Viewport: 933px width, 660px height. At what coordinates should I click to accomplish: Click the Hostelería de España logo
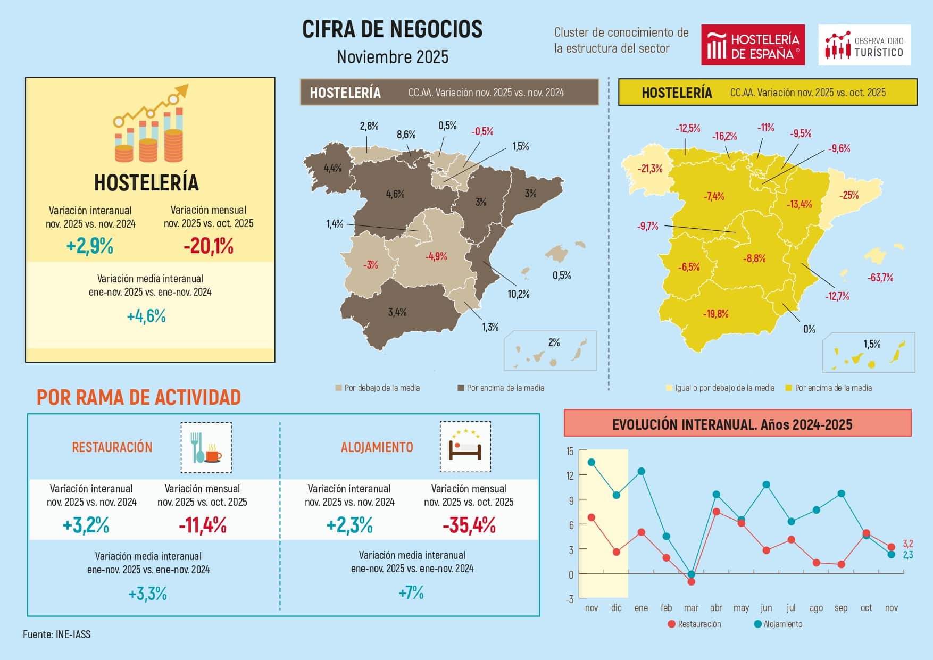(752, 45)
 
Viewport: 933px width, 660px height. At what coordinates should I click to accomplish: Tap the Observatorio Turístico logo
(864, 45)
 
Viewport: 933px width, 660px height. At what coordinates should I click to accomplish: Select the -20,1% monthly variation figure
(209, 246)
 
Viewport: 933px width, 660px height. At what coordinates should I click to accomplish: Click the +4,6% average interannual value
(146, 316)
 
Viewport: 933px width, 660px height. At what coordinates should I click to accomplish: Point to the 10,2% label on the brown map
(518, 294)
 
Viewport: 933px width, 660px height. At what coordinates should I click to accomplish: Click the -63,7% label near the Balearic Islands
(880, 278)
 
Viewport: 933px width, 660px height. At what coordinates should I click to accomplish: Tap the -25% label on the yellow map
(849, 195)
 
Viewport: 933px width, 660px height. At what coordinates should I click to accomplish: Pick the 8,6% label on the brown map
(406, 135)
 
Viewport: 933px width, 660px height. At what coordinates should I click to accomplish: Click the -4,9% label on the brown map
(436, 256)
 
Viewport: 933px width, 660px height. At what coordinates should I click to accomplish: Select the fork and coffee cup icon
(206, 448)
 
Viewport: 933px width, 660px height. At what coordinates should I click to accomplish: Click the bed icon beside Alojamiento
(465, 447)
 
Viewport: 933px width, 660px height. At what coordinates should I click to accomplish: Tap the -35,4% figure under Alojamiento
(469, 525)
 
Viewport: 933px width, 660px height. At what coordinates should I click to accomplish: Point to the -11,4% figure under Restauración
(203, 525)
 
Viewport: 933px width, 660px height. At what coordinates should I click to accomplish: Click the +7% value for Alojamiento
(411, 592)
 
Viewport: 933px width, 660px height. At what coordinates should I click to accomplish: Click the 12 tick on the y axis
(570, 475)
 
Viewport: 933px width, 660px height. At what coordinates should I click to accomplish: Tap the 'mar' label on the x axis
(691, 608)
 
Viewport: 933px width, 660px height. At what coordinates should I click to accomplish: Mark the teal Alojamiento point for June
(766, 484)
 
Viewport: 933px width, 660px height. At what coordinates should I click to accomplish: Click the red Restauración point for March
(691, 581)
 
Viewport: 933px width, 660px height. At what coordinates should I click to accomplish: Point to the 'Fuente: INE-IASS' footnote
(57, 634)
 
